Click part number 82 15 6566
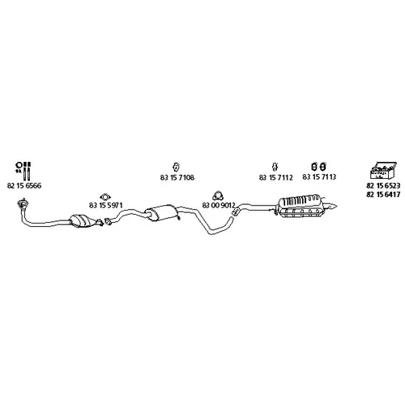pos(24,185)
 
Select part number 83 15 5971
pos(105,205)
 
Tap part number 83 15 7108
pos(177,177)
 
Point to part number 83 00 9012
pos(219,205)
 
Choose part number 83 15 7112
pos(275,177)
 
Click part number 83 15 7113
pos(319,177)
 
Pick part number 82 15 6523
pos(383,185)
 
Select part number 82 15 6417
pos(383,194)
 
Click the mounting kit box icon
pos(383,171)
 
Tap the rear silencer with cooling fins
pos(301,207)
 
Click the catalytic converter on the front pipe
pos(83,220)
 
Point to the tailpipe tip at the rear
pos(331,206)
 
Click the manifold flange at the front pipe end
pos(22,204)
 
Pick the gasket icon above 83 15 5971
pos(105,197)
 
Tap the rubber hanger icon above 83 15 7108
pos(176,167)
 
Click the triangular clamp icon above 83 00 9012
pos(218,196)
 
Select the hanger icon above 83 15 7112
pos(275,167)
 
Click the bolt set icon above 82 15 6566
pos(23,171)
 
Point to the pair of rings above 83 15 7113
pos(318,167)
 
